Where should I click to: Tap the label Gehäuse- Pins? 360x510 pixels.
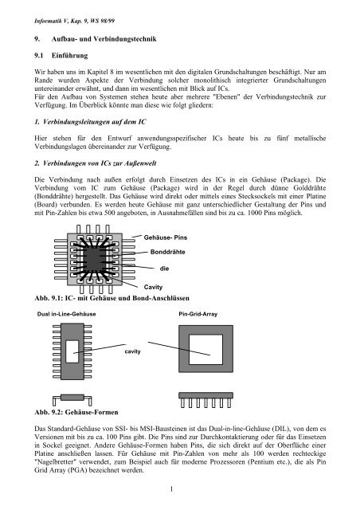(168, 237)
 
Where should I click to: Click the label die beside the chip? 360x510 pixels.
(165, 269)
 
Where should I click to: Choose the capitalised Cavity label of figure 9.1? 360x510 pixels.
(155, 285)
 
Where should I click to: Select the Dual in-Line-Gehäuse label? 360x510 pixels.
(67, 314)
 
